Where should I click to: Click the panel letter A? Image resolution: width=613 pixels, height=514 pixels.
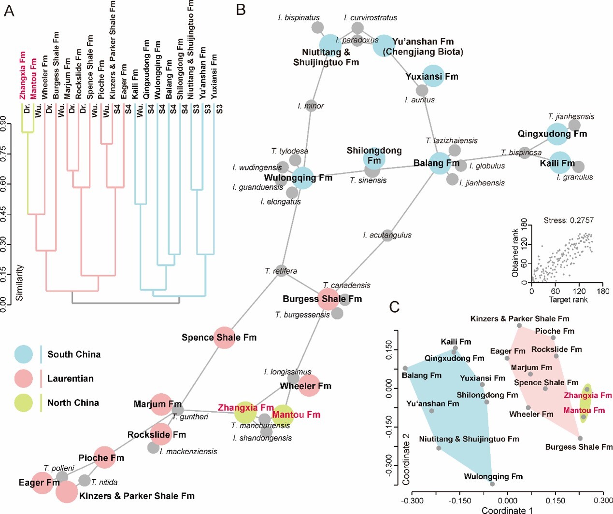click(x=9, y=10)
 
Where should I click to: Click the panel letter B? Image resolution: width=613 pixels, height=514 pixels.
click(x=241, y=9)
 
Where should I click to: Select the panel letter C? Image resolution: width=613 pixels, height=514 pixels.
click(x=395, y=306)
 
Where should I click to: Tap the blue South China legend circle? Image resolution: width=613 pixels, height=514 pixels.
click(x=24, y=354)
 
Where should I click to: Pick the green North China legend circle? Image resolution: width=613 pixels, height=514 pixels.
click(x=24, y=403)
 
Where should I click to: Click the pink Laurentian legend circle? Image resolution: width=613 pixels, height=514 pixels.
click(x=24, y=378)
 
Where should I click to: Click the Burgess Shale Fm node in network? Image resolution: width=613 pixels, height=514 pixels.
click(x=328, y=299)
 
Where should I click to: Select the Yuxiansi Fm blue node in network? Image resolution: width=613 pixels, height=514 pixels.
click(x=433, y=76)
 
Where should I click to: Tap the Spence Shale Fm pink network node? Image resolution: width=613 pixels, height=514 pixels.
click(x=224, y=337)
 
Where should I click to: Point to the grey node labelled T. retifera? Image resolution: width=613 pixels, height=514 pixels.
click(x=281, y=271)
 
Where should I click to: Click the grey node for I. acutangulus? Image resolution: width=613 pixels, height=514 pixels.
click(x=387, y=236)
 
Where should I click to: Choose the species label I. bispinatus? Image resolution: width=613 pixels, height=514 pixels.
click(x=299, y=18)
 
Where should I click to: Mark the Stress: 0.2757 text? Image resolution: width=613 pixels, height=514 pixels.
click(x=569, y=221)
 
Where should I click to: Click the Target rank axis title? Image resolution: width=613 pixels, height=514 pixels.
click(x=568, y=300)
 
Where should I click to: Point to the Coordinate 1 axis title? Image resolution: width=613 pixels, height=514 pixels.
click(x=507, y=510)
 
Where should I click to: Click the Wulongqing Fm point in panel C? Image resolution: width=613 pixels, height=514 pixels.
click(x=492, y=484)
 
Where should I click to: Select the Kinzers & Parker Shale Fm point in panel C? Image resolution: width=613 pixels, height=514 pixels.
click(x=519, y=326)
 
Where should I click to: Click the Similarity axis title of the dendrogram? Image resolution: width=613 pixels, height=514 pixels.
click(x=19, y=282)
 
